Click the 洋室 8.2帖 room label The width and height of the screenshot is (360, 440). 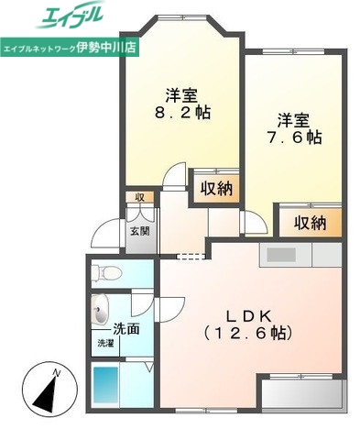click(x=183, y=104)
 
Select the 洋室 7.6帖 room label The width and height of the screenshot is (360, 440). click(x=294, y=129)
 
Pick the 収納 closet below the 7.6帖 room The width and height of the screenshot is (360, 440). click(x=311, y=222)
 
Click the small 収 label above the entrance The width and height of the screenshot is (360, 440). click(x=139, y=196)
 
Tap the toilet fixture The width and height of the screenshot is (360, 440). click(x=106, y=271)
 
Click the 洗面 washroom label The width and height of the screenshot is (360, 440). click(x=126, y=328)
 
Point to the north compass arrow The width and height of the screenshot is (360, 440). click(x=41, y=393)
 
